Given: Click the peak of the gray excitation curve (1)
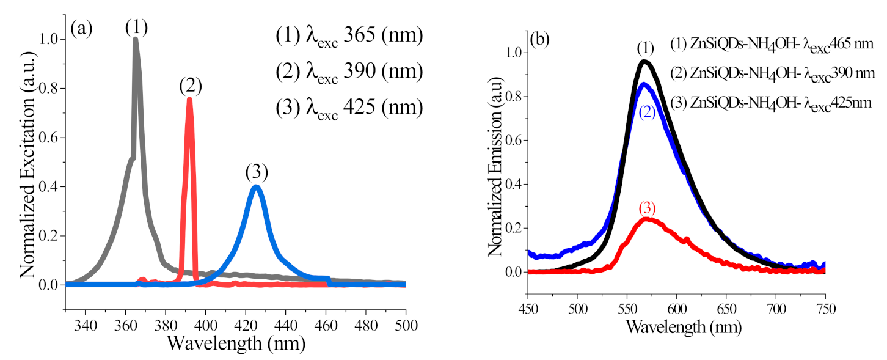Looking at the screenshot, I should (135, 40).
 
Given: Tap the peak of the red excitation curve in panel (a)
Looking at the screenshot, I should (189, 99).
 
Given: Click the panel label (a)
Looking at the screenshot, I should (81, 28).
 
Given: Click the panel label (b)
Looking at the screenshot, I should (541, 40).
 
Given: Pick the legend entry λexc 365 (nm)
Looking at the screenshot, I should (348, 37).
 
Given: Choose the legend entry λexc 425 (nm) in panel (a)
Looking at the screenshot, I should (348, 108).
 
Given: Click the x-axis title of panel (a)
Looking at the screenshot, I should (236, 343).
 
